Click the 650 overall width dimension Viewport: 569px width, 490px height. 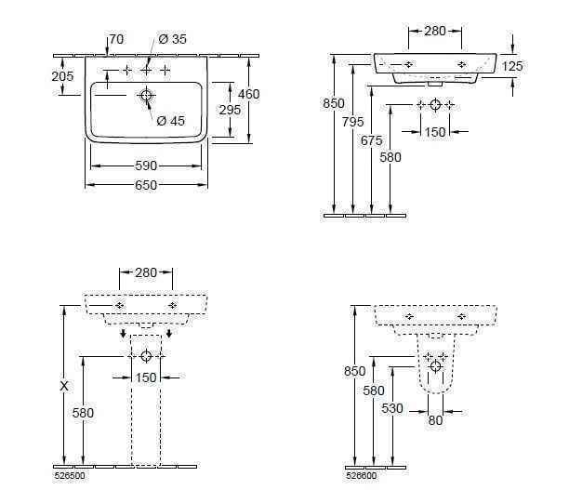146,185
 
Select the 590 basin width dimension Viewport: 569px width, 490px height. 146,166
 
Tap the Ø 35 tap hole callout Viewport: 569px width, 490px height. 172,39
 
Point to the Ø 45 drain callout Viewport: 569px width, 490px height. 171,121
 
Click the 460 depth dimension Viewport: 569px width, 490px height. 249,94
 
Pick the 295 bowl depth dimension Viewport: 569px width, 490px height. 230,110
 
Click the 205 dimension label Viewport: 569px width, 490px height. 62,76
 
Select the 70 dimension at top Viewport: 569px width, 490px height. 116,39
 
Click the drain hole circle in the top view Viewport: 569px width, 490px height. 146,96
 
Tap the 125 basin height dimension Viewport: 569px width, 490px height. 512,66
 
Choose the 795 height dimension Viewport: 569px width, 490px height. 352,122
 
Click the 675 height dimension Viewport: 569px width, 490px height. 372,140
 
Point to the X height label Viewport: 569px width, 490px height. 64,386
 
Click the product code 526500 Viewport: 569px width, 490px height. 70,476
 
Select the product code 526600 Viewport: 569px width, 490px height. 361,476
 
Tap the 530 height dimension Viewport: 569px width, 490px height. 392,409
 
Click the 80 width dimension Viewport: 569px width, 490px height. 435,420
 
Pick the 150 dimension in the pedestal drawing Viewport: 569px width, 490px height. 146,377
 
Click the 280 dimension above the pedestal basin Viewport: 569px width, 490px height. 146,272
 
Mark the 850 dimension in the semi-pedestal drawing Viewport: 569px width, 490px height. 355,371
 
